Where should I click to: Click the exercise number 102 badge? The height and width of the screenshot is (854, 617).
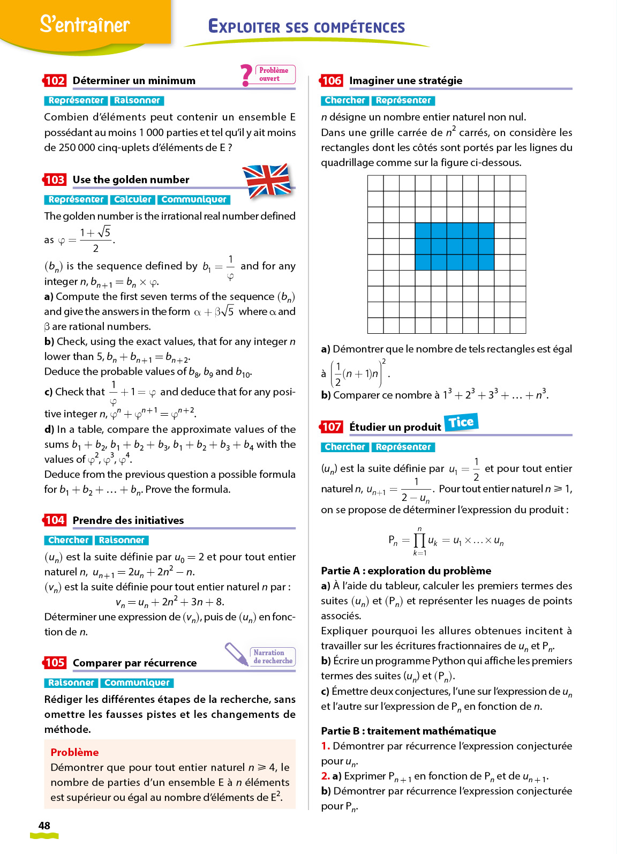click(x=55, y=81)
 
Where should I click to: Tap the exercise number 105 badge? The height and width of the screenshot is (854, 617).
click(x=55, y=663)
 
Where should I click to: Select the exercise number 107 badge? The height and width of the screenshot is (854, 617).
click(x=331, y=427)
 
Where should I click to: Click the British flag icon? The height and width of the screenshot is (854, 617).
click(x=266, y=181)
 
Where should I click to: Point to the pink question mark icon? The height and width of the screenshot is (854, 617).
click(x=246, y=75)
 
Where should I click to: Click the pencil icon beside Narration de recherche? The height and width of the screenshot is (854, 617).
click(x=236, y=654)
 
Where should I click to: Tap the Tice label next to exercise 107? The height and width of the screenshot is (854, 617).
click(x=461, y=422)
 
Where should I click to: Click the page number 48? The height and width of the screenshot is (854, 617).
click(x=44, y=826)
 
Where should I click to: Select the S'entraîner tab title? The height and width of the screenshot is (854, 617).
click(x=85, y=24)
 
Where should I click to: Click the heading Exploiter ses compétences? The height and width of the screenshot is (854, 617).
click(x=306, y=27)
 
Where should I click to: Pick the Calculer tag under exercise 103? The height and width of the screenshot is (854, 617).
click(x=133, y=199)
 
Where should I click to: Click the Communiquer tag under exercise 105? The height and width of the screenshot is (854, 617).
click(x=137, y=683)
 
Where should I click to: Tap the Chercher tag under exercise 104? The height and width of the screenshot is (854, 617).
click(x=68, y=540)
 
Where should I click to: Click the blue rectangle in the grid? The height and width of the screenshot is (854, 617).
click(x=454, y=246)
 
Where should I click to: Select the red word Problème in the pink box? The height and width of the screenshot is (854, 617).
click(x=74, y=752)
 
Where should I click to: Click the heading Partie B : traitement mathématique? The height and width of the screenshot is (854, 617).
click(x=408, y=731)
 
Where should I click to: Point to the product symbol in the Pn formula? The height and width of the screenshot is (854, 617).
click(x=419, y=540)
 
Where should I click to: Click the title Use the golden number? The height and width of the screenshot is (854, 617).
click(x=131, y=179)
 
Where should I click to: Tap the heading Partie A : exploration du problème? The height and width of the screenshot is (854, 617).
click(x=406, y=571)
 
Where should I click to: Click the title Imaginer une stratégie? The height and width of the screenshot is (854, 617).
click(x=405, y=80)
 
